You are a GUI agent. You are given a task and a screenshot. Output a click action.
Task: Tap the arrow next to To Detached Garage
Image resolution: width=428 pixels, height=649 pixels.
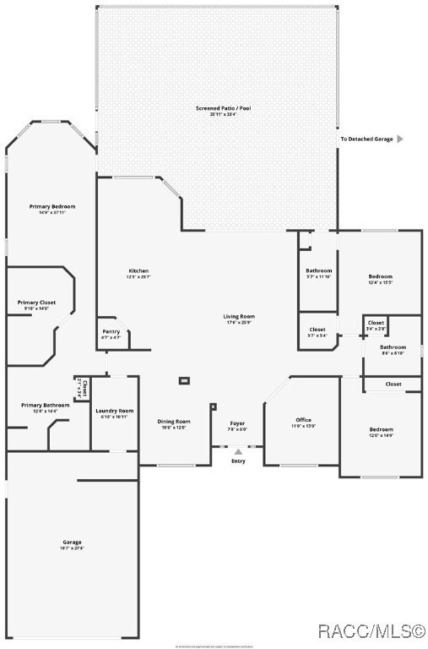(400, 139)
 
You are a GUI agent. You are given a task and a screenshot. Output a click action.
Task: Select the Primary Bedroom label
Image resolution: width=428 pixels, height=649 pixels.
(52, 207)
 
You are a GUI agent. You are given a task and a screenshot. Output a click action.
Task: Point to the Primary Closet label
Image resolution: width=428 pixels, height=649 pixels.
(36, 303)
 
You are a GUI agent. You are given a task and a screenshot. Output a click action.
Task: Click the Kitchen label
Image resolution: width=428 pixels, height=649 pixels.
(138, 271)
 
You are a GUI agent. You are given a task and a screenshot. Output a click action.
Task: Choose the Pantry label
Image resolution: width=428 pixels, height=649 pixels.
(111, 331)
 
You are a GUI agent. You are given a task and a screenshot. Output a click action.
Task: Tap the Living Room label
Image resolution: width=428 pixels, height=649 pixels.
(239, 317)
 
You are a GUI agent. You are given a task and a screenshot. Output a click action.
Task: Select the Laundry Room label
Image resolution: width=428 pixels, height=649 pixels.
(114, 411)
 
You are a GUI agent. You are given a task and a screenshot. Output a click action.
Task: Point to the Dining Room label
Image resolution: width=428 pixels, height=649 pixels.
(173, 422)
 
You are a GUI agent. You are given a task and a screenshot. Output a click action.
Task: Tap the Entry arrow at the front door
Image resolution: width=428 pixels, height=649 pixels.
(238, 452)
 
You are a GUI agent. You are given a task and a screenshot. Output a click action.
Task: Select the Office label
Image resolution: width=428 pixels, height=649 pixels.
(303, 420)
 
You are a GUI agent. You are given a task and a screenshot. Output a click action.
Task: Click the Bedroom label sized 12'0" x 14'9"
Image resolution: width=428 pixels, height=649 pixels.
(381, 430)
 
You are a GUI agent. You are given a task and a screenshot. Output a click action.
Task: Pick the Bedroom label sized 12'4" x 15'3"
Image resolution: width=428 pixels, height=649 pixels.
(380, 277)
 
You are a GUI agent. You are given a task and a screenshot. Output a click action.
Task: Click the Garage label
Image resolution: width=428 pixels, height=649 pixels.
(72, 542)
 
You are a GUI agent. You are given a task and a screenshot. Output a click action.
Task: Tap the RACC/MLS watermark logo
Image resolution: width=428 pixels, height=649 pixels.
(370, 631)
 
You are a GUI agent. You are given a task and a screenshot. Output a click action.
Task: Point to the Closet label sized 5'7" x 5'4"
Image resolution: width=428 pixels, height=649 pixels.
(317, 330)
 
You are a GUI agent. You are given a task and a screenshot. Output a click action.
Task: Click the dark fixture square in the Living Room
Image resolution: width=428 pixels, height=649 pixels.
(184, 380)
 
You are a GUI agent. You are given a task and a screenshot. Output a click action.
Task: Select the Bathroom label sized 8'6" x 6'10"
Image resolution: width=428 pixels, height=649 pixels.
(393, 347)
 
